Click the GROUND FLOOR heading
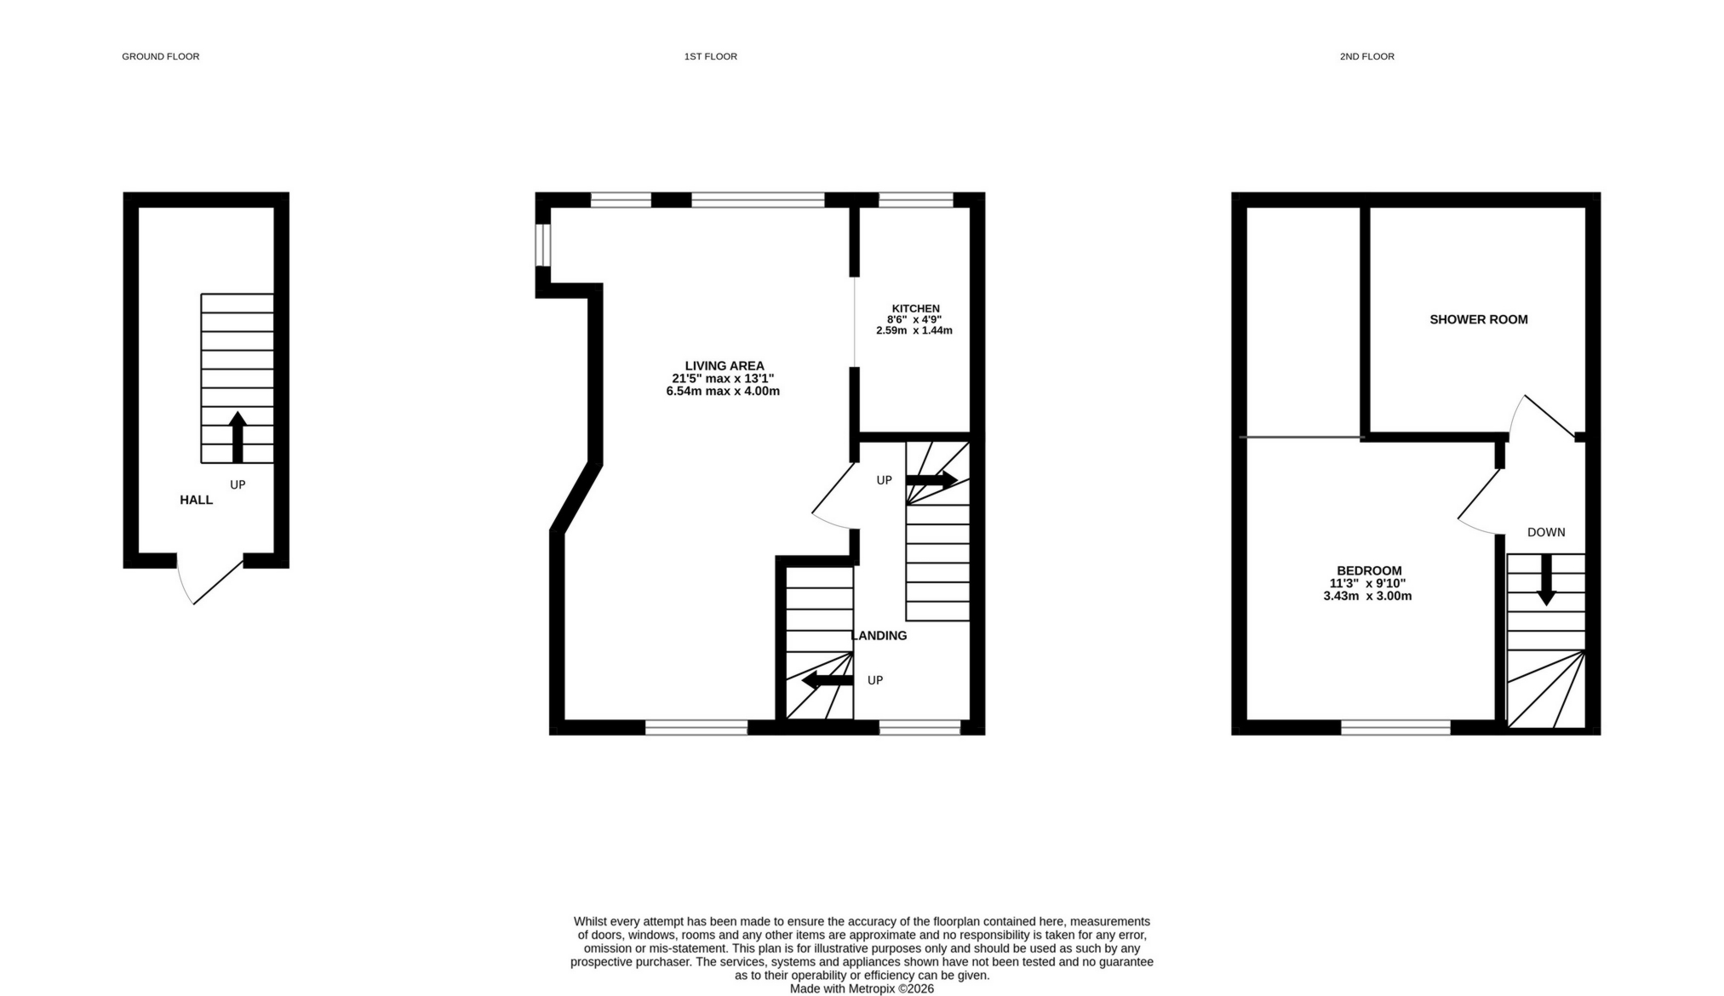[x=160, y=56]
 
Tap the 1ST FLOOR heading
[x=710, y=56]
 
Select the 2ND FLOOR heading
[x=1366, y=56]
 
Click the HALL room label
[x=196, y=500]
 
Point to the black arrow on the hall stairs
[x=238, y=436]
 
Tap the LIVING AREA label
[x=724, y=366]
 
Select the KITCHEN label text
[x=915, y=308]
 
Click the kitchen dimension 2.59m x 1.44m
[x=914, y=330]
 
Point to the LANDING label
[x=879, y=635]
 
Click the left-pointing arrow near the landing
[x=827, y=679]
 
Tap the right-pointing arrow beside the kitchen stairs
[x=931, y=479]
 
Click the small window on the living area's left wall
[x=542, y=244]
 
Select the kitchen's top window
[x=915, y=200]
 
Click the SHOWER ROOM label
[x=1478, y=319]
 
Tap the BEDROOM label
[x=1368, y=570]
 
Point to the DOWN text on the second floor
[x=1545, y=532]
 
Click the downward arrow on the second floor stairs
[x=1545, y=580]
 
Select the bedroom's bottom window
[x=1395, y=727]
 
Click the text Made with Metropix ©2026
[x=861, y=988]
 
